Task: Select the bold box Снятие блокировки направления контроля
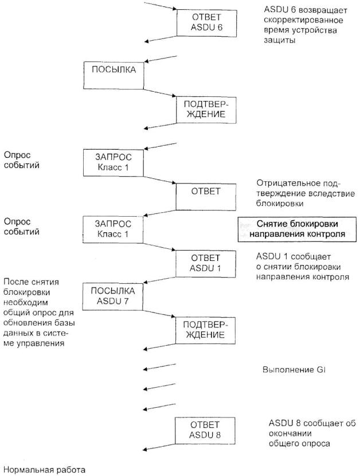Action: (x=289, y=228)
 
